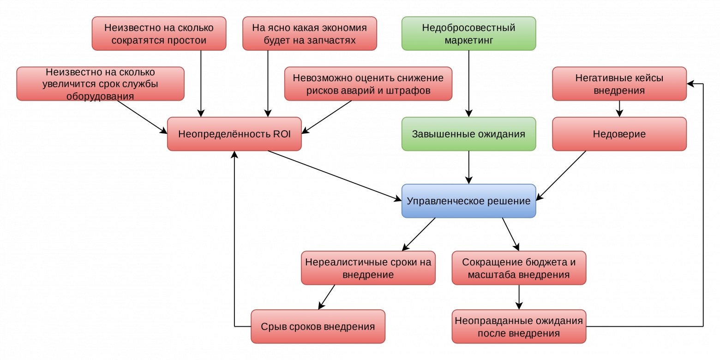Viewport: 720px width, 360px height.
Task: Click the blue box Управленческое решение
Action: [468, 201]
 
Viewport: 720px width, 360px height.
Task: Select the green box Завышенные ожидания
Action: [468, 134]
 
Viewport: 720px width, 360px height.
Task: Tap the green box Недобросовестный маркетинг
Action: [468, 33]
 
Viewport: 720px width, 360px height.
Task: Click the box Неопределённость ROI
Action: [234, 134]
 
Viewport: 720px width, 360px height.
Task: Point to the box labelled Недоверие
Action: [619, 134]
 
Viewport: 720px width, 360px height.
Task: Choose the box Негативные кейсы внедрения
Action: [619, 84]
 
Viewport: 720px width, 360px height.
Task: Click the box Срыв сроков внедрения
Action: [318, 326]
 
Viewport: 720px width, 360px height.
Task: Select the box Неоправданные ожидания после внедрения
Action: [519, 326]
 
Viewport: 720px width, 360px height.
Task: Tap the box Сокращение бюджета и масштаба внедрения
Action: [519, 268]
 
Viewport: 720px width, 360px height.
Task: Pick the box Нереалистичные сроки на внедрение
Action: [368, 268]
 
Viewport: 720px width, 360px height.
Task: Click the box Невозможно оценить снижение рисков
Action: [368, 84]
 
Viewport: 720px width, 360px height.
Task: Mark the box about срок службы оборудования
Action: [100, 84]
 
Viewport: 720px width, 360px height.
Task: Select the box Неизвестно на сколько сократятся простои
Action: [159, 33]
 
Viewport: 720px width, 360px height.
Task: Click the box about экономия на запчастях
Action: [310, 33]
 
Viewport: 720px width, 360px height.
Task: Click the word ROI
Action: [282, 134]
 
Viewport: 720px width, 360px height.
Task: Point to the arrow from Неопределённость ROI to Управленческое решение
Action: [335, 176]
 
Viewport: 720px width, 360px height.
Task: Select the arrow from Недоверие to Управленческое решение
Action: [561, 176]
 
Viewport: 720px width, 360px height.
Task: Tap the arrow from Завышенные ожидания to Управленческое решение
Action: [468, 167]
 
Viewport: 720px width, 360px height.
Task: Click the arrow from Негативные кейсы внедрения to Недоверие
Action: [619, 108]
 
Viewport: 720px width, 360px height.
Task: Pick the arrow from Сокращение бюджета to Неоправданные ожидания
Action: [519, 297]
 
